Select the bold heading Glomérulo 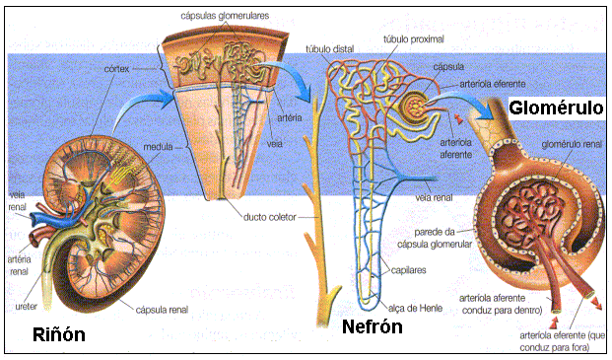pyautogui.click(x=555, y=106)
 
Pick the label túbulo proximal pyautogui.click(x=407, y=40)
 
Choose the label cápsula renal pyautogui.click(x=164, y=307)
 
